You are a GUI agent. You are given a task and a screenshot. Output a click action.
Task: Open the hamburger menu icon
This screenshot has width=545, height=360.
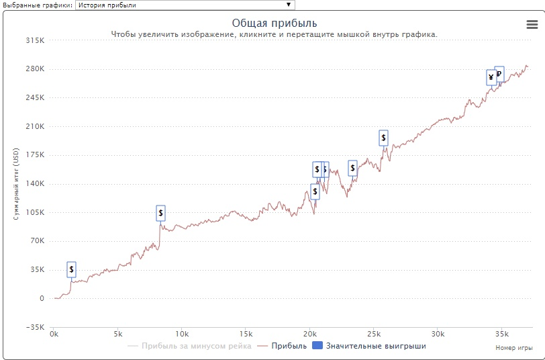point(532,24)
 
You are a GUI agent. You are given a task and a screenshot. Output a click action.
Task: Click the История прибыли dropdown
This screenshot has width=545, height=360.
point(185,5)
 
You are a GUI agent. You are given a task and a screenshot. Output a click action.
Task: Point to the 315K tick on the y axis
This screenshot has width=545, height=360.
point(34,40)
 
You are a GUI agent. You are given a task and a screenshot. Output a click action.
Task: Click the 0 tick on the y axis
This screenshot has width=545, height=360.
point(41,298)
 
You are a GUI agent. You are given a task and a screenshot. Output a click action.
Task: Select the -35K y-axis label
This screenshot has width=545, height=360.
point(34,327)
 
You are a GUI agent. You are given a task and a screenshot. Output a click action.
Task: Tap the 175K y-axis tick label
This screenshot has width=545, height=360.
point(34,155)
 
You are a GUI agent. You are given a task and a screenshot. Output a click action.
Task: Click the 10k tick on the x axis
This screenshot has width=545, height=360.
point(181,334)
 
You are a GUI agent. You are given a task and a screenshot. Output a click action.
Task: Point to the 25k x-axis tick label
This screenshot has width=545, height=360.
point(374,334)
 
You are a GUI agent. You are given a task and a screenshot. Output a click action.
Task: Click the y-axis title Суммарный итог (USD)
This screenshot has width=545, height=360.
point(16,184)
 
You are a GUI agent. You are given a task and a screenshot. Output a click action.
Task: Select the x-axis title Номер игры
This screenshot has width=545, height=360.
point(514,348)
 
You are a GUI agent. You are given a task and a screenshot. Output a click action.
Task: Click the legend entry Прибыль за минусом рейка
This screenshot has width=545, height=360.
point(189,346)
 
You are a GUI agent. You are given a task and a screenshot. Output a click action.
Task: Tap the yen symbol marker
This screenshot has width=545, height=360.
point(491,78)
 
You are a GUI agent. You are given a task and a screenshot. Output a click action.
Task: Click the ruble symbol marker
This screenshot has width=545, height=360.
point(499,74)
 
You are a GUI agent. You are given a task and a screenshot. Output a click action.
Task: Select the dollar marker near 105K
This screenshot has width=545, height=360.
point(160,213)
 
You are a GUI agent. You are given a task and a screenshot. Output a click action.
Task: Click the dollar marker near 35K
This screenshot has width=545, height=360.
point(72,269)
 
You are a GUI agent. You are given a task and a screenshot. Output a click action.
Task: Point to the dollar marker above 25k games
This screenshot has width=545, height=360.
point(383,138)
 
